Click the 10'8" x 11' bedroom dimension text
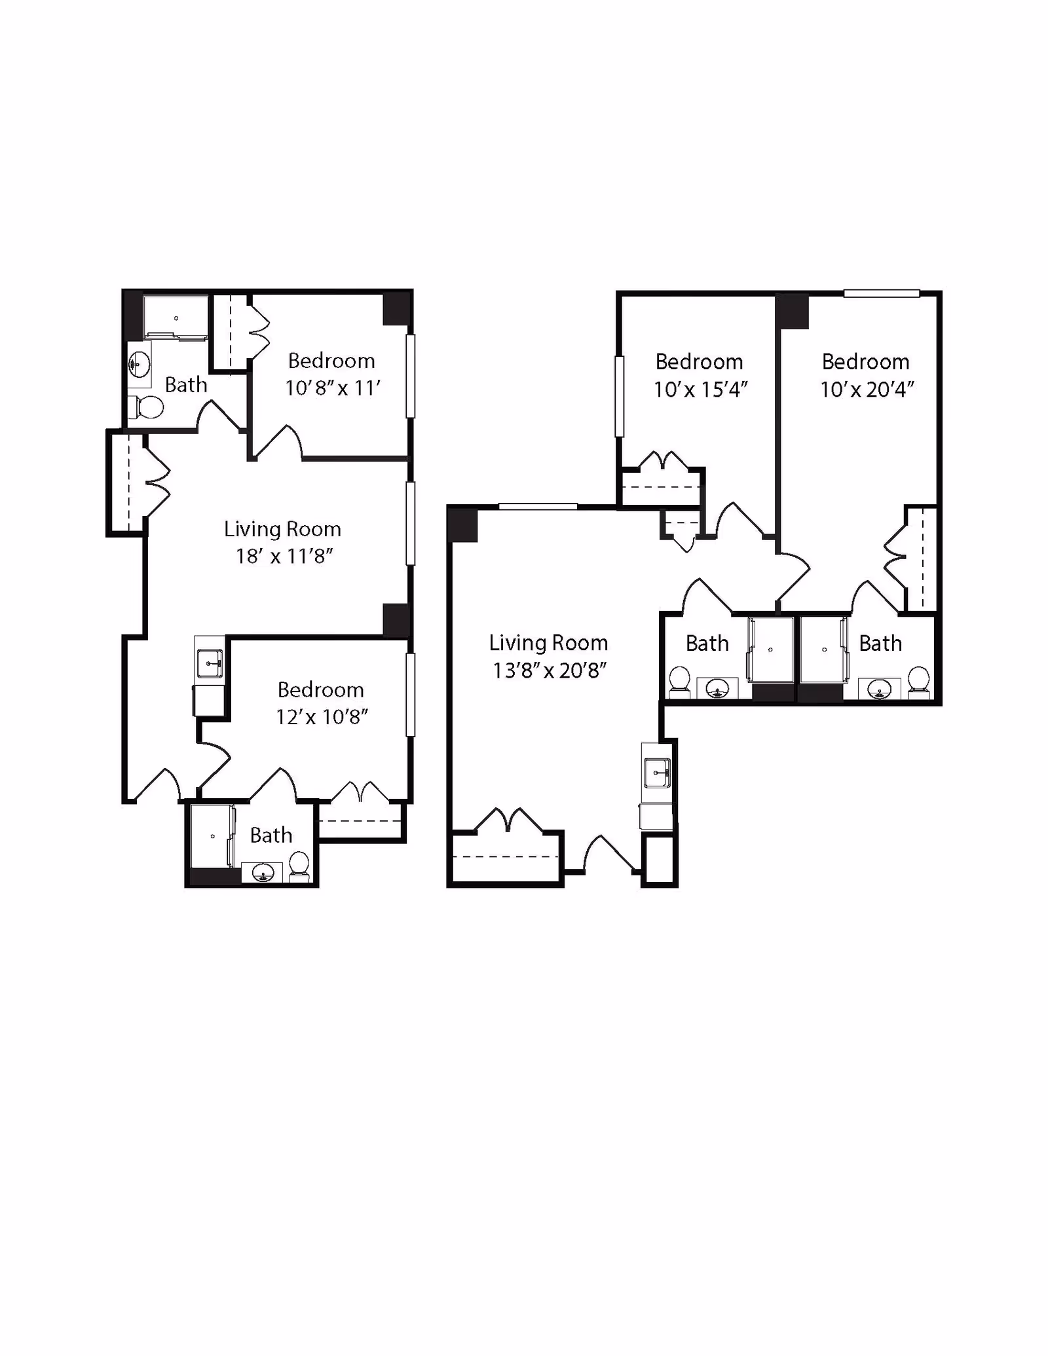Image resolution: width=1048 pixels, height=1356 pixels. tap(333, 388)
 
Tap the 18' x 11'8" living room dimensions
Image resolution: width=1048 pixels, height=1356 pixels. tap(284, 557)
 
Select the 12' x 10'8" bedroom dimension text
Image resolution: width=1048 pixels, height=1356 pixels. tap(322, 717)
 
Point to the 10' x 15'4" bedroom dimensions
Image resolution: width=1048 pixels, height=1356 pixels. tap(700, 390)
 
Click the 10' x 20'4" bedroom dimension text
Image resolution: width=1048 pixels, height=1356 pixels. tap(867, 390)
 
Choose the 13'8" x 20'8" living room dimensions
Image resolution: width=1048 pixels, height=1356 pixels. tap(549, 670)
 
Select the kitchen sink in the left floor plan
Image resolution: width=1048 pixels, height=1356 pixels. tap(210, 663)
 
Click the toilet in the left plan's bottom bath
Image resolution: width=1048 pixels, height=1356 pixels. tap(299, 865)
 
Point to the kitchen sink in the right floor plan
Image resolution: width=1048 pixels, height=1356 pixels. tap(657, 773)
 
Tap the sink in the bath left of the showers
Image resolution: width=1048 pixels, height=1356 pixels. tap(718, 689)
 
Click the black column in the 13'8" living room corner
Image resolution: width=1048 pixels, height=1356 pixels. tap(463, 525)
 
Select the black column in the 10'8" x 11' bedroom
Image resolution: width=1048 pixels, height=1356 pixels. tap(396, 309)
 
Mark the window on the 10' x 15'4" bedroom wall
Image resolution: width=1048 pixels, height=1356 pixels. tap(619, 396)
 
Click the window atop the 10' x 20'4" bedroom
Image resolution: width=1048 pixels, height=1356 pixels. tap(882, 294)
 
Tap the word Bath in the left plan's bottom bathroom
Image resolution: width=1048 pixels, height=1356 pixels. tap(271, 835)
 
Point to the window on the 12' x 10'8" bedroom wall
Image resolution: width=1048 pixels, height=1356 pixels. tap(410, 695)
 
